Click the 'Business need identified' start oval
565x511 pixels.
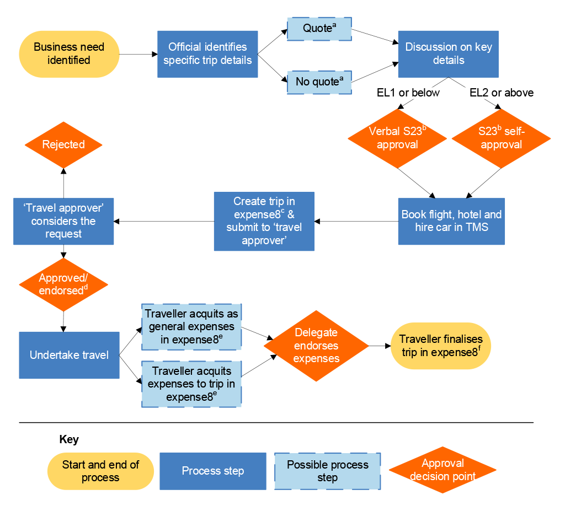(x=69, y=54)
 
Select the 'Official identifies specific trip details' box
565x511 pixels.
(x=207, y=54)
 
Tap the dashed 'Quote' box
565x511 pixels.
(x=319, y=29)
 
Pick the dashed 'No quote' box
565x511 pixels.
(x=319, y=82)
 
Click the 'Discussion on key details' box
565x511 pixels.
(x=448, y=54)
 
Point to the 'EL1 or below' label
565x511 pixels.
(x=408, y=93)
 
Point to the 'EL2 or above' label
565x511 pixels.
(x=501, y=93)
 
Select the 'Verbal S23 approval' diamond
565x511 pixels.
(x=397, y=138)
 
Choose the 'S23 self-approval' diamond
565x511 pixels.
(x=501, y=138)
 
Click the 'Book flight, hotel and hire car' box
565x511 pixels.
(x=451, y=221)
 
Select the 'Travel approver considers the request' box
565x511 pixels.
(x=63, y=221)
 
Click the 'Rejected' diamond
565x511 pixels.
(x=63, y=145)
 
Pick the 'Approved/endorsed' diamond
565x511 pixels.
(x=63, y=284)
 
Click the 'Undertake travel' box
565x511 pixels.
(x=69, y=355)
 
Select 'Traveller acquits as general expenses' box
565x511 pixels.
(x=191, y=327)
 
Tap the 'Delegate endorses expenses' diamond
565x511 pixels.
(x=316, y=346)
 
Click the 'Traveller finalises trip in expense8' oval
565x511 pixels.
(x=440, y=346)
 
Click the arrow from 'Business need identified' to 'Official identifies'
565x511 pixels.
(x=138, y=54)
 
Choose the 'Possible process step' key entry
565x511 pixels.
(x=327, y=471)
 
